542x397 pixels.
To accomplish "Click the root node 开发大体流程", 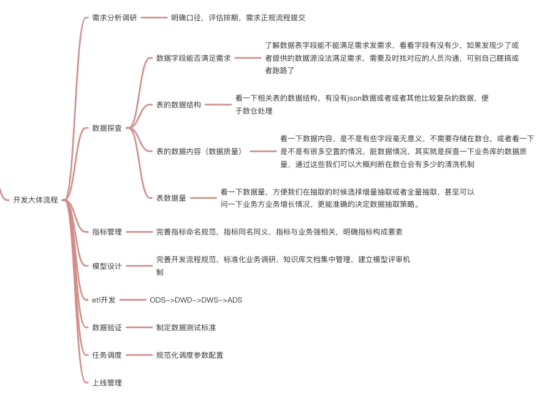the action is coord(36,199).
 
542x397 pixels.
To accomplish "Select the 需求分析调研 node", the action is coord(115,18).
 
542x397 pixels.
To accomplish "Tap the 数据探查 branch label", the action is coord(107,128).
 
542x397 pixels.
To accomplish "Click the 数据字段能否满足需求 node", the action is coord(193,58).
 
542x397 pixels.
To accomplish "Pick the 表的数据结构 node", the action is coord(178,104).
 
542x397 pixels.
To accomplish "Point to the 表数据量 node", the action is coord(171,198).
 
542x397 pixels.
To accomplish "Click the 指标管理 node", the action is coord(107,232).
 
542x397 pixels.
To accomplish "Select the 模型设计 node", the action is coord(107,266).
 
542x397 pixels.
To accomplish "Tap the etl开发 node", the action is coord(104,300).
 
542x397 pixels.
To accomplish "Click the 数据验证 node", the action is coord(107,328).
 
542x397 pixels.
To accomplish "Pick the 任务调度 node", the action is coord(107,355).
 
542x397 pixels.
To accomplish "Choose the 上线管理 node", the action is coord(107,383).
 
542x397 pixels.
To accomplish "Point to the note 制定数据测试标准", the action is coord(186,328).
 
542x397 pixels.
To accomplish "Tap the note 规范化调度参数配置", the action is coord(189,355).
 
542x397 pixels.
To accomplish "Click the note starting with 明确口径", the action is coord(238,18).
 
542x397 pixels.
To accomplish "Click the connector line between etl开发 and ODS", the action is coord(131,300).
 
